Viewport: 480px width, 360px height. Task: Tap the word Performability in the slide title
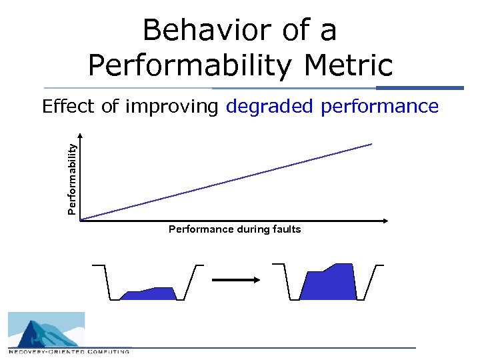click(186, 65)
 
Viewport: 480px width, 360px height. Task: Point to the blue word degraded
click(271, 107)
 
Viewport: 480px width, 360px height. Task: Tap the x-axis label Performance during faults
click(235, 229)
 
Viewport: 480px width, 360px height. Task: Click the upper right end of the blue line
click(371, 144)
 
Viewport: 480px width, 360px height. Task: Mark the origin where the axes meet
click(80, 219)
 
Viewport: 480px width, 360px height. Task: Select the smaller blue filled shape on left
click(149, 294)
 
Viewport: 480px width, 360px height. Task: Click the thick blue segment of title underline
click(419, 88)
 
